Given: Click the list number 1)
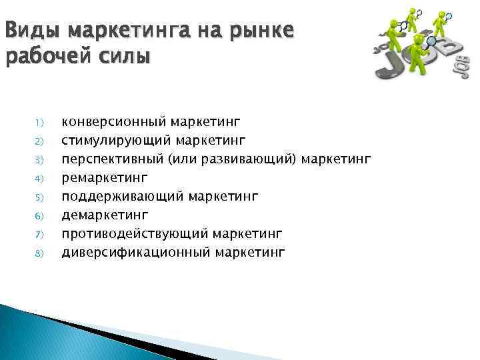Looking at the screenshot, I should [39, 123].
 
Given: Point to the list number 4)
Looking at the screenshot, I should [39, 179].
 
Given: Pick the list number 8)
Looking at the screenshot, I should [39, 253].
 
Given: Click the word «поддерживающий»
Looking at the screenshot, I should [123, 196].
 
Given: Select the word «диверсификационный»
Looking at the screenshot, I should [136, 252].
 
